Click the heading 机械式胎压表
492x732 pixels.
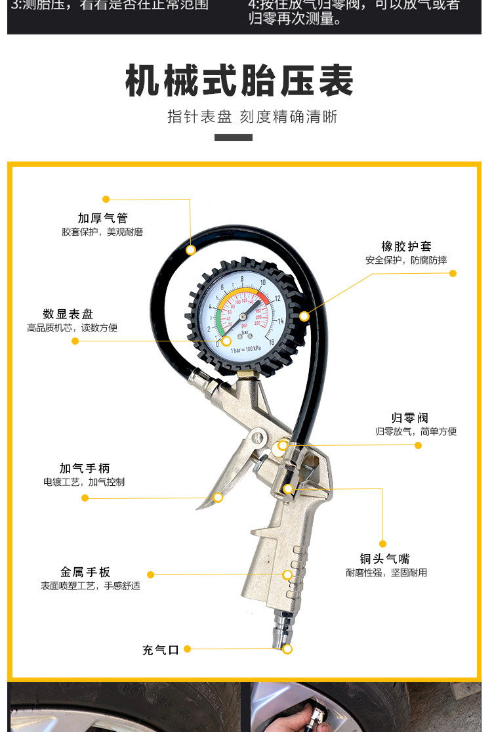point(239,81)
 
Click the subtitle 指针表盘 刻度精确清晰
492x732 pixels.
point(253,117)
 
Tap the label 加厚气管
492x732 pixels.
point(102,218)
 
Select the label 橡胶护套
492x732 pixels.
point(407,246)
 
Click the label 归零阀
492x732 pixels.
point(410,418)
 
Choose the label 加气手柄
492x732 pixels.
point(85,468)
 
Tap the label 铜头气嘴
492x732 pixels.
point(384,559)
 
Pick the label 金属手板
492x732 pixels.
point(85,572)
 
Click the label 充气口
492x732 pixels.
point(161,650)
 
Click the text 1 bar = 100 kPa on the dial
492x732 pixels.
point(245,349)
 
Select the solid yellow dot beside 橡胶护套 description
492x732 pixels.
point(453,273)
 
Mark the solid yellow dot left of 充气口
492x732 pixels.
point(187,649)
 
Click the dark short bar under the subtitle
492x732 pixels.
point(234,138)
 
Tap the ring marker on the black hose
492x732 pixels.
point(190,249)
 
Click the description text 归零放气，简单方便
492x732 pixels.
point(416,431)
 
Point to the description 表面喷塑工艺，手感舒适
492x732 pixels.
point(91,586)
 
